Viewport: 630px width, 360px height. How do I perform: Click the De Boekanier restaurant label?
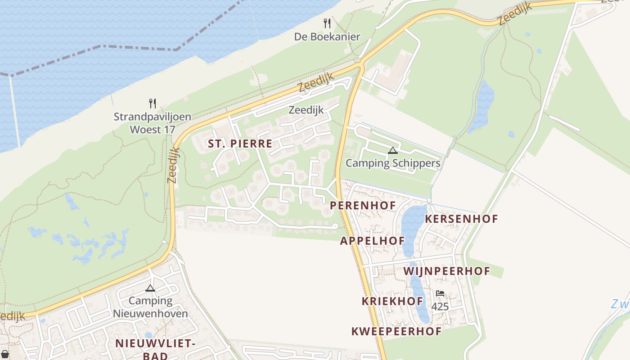coord(327,37)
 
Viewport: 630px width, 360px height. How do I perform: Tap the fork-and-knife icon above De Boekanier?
coord(327,23)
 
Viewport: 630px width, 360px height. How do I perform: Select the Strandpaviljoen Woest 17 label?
coord(152,123)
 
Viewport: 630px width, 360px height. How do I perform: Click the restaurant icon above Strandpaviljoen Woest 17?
coord(153,103)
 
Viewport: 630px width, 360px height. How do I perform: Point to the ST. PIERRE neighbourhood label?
coord(240,144)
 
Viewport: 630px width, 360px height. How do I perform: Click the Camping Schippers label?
coord(393,163)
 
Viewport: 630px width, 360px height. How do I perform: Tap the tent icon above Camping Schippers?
coord(393,150)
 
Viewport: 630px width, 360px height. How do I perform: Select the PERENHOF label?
coord(363,206)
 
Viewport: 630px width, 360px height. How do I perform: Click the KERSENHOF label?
coord(461,219)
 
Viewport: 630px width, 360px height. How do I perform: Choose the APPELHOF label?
coord(372,241)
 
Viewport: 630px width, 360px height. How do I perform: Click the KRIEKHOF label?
coord(392,301)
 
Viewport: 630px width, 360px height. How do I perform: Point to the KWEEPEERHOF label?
coord(396,332)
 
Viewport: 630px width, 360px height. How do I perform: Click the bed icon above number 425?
coord(440,293)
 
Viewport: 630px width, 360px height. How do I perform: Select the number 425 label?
coord(440,307)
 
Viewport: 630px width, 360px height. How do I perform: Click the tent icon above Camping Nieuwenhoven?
coord(150,288)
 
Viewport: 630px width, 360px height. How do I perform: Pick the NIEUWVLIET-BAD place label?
coord(155,349)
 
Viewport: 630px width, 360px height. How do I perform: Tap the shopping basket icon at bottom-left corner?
coord(4,354)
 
